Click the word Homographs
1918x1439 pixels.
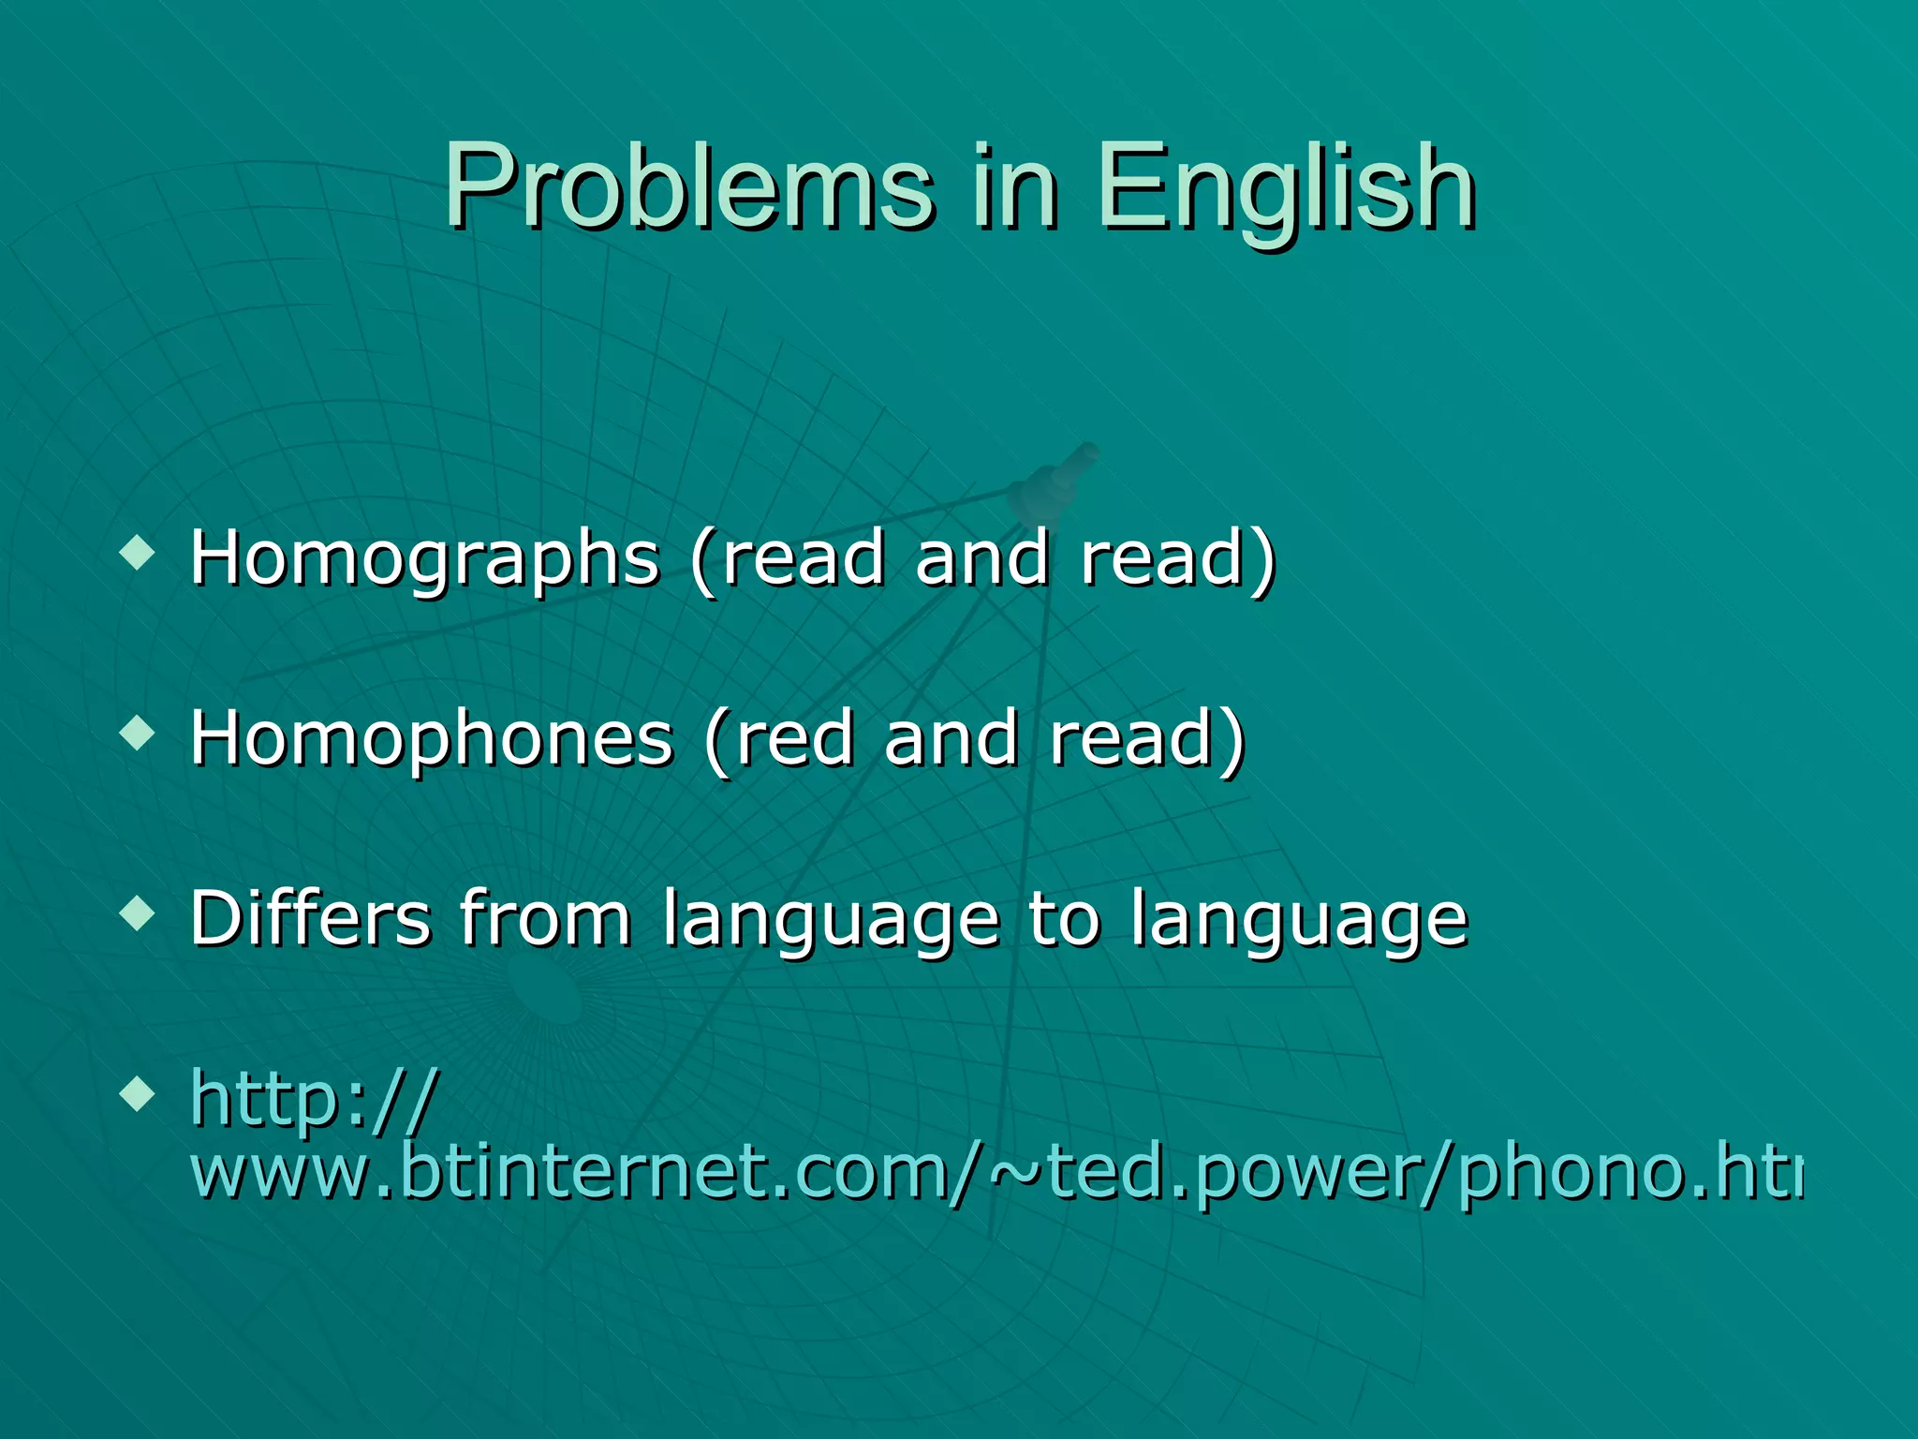(x=425, y=559)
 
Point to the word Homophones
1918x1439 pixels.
(x=432, y=739)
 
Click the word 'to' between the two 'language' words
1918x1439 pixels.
(x=1064, y=919)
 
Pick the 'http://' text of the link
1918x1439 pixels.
(x=315, y=1099)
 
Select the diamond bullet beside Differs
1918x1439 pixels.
(x=138, y=912)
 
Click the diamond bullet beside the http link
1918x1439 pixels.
(x=138, y=1092)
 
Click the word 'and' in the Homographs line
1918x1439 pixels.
(x=981, y=559)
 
